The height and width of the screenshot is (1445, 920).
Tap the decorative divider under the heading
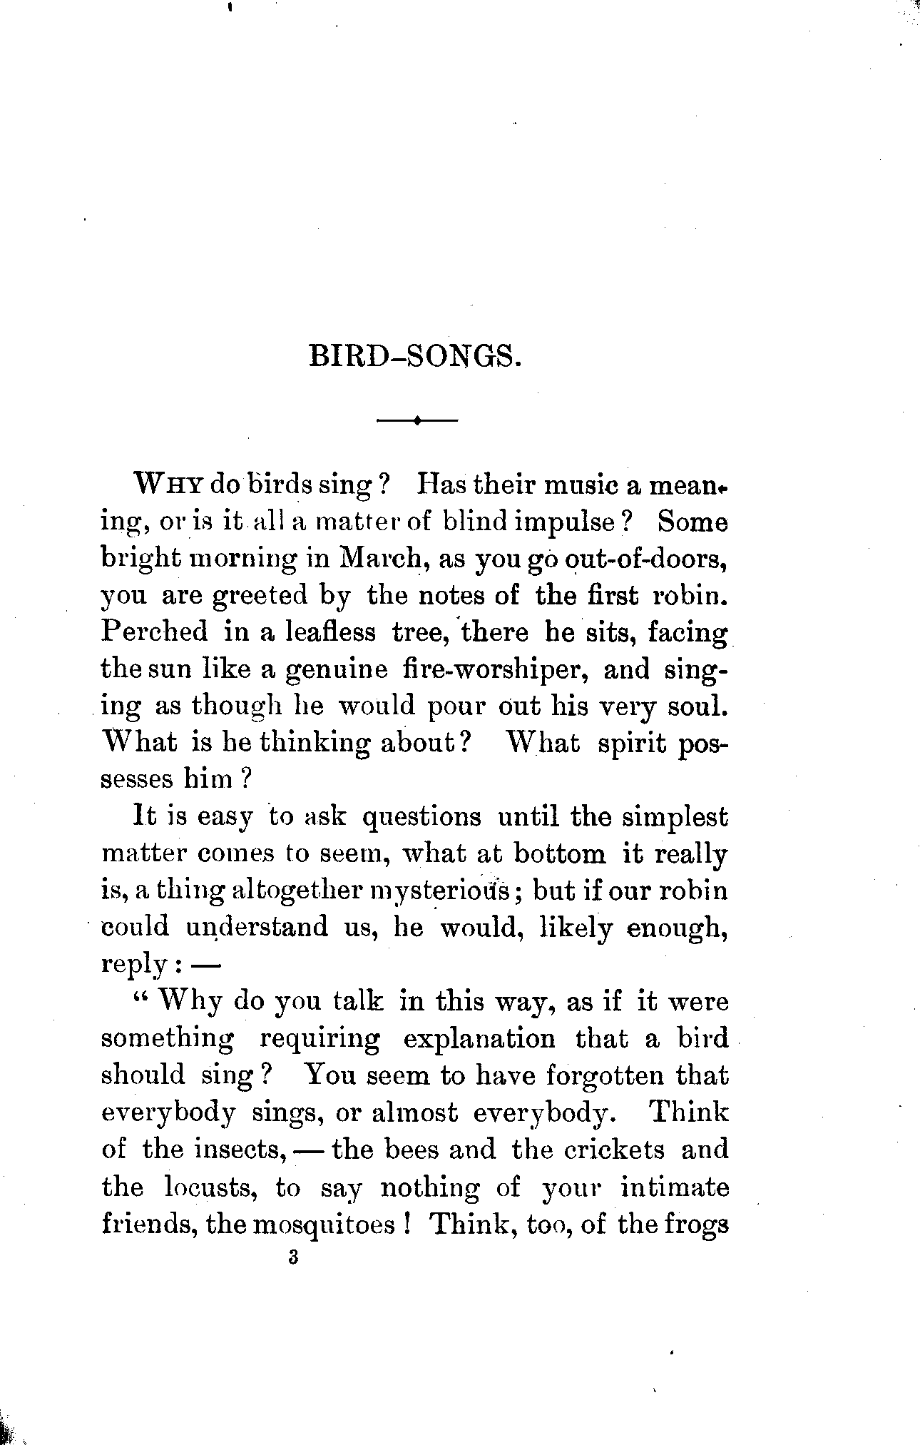click(x=416, y=421)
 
